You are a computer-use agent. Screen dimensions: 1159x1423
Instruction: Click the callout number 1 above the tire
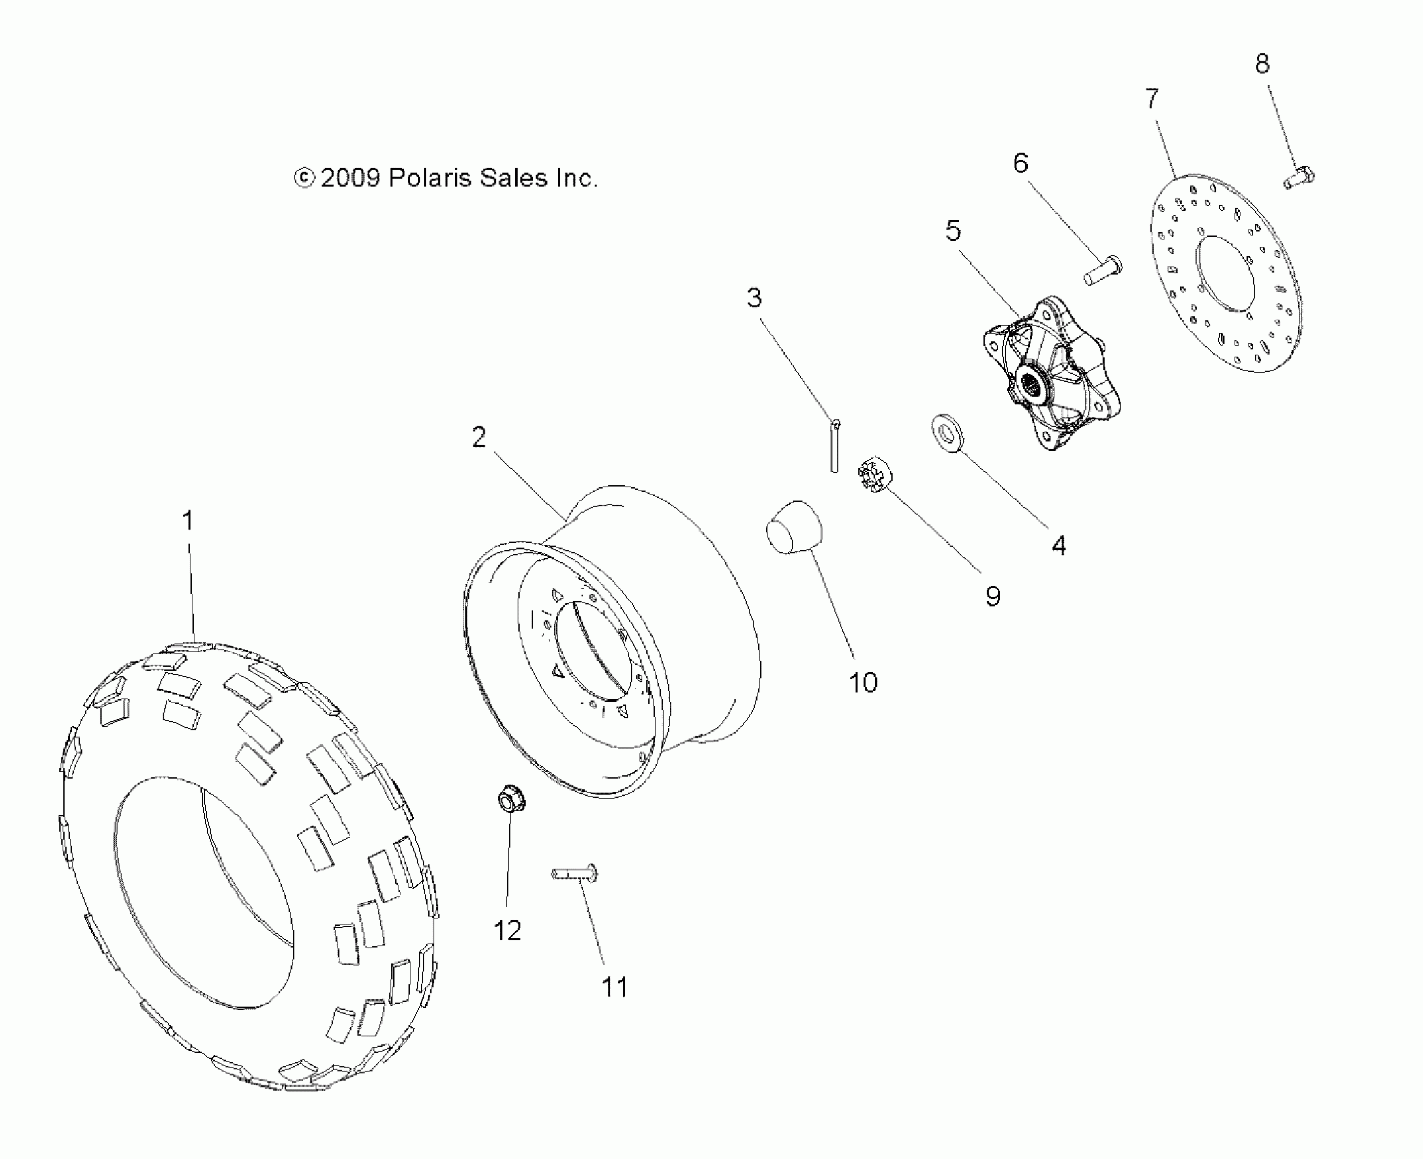(x=188, y=521)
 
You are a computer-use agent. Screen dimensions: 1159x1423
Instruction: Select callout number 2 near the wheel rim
(x=479, y=437)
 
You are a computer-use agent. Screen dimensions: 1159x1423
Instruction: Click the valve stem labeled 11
(x=574, y=873)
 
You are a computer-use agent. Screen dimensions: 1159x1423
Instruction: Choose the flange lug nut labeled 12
(x=507, y=800)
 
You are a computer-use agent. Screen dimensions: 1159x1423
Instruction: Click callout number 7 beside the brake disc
(x=1152, y=99)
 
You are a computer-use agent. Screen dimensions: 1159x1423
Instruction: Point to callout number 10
(x=863, y=682)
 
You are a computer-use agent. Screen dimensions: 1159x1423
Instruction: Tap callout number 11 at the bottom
(x=614, y=987)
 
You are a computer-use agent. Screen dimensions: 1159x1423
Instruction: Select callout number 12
(x=507, y=931)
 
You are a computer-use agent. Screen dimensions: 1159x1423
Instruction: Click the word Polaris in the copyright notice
(x=430, y=179)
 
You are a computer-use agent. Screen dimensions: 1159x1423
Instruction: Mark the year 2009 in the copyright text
(x=349, y=179)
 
